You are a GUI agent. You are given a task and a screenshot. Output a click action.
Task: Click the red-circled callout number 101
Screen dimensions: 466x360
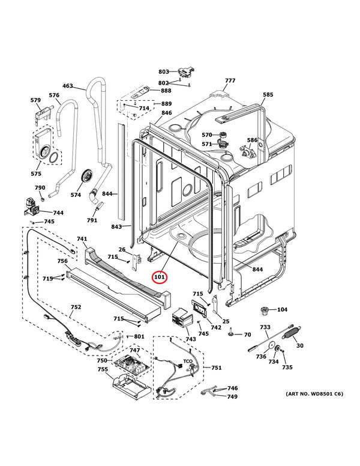click(x=160, y=277)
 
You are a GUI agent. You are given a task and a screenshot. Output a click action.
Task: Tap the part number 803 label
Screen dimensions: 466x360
click(x=164, y=72)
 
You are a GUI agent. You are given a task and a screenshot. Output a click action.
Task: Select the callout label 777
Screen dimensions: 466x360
click(x=230, y=81)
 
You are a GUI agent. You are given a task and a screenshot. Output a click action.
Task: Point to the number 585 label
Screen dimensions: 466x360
click(x=268, y=95)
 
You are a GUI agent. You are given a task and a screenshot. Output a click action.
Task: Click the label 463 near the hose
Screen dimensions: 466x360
click(x=68, y=86)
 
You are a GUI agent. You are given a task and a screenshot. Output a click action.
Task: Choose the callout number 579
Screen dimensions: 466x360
click(x=35, y=100)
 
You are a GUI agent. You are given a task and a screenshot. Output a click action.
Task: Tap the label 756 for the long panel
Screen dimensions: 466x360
click(x=62, y=261)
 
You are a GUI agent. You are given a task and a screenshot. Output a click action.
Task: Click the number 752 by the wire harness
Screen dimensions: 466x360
click(x=76, y=307)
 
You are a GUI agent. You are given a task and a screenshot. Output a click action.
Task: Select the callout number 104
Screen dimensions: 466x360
click(x=282, y=310)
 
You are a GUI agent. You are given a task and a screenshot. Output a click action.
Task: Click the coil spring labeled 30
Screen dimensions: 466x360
click(x=292, y=334)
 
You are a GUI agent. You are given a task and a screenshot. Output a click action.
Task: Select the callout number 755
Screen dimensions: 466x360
click(x=103, y=369)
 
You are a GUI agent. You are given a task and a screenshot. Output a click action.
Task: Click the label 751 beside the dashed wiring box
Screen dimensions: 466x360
click(x=216, y=368)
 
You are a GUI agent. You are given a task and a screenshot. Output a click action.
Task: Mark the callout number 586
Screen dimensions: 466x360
click(x=252, y=141)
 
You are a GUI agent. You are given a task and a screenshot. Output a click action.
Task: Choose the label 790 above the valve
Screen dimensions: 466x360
click(x=40, y=188)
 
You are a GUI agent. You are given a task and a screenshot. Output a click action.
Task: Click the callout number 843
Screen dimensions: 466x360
click(x=116, y=226)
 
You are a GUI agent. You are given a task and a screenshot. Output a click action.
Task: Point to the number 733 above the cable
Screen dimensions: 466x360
click(x=265, y=327)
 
